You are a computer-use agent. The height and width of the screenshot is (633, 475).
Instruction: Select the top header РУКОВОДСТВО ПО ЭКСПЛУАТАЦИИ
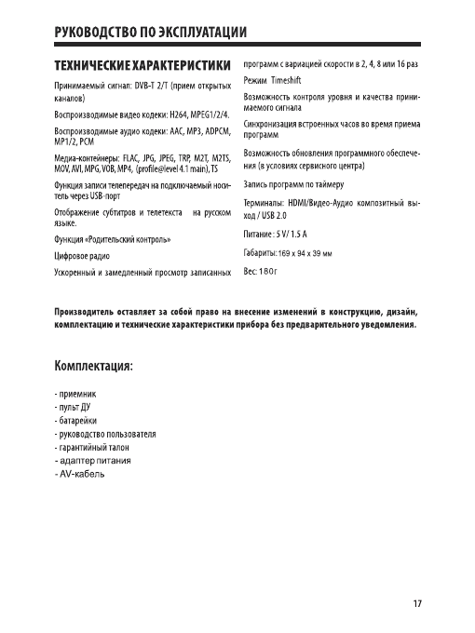[149, 36]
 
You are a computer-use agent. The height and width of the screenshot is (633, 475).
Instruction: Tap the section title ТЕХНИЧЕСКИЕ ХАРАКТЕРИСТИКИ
[141, 67]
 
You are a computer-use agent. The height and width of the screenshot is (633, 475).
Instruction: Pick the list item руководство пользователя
[105, 435]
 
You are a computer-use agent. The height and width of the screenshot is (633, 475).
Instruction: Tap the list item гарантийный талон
[94, 448]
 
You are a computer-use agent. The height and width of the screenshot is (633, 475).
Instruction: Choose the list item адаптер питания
[92, 462]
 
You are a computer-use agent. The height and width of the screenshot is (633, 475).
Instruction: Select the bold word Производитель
[96, 310]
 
